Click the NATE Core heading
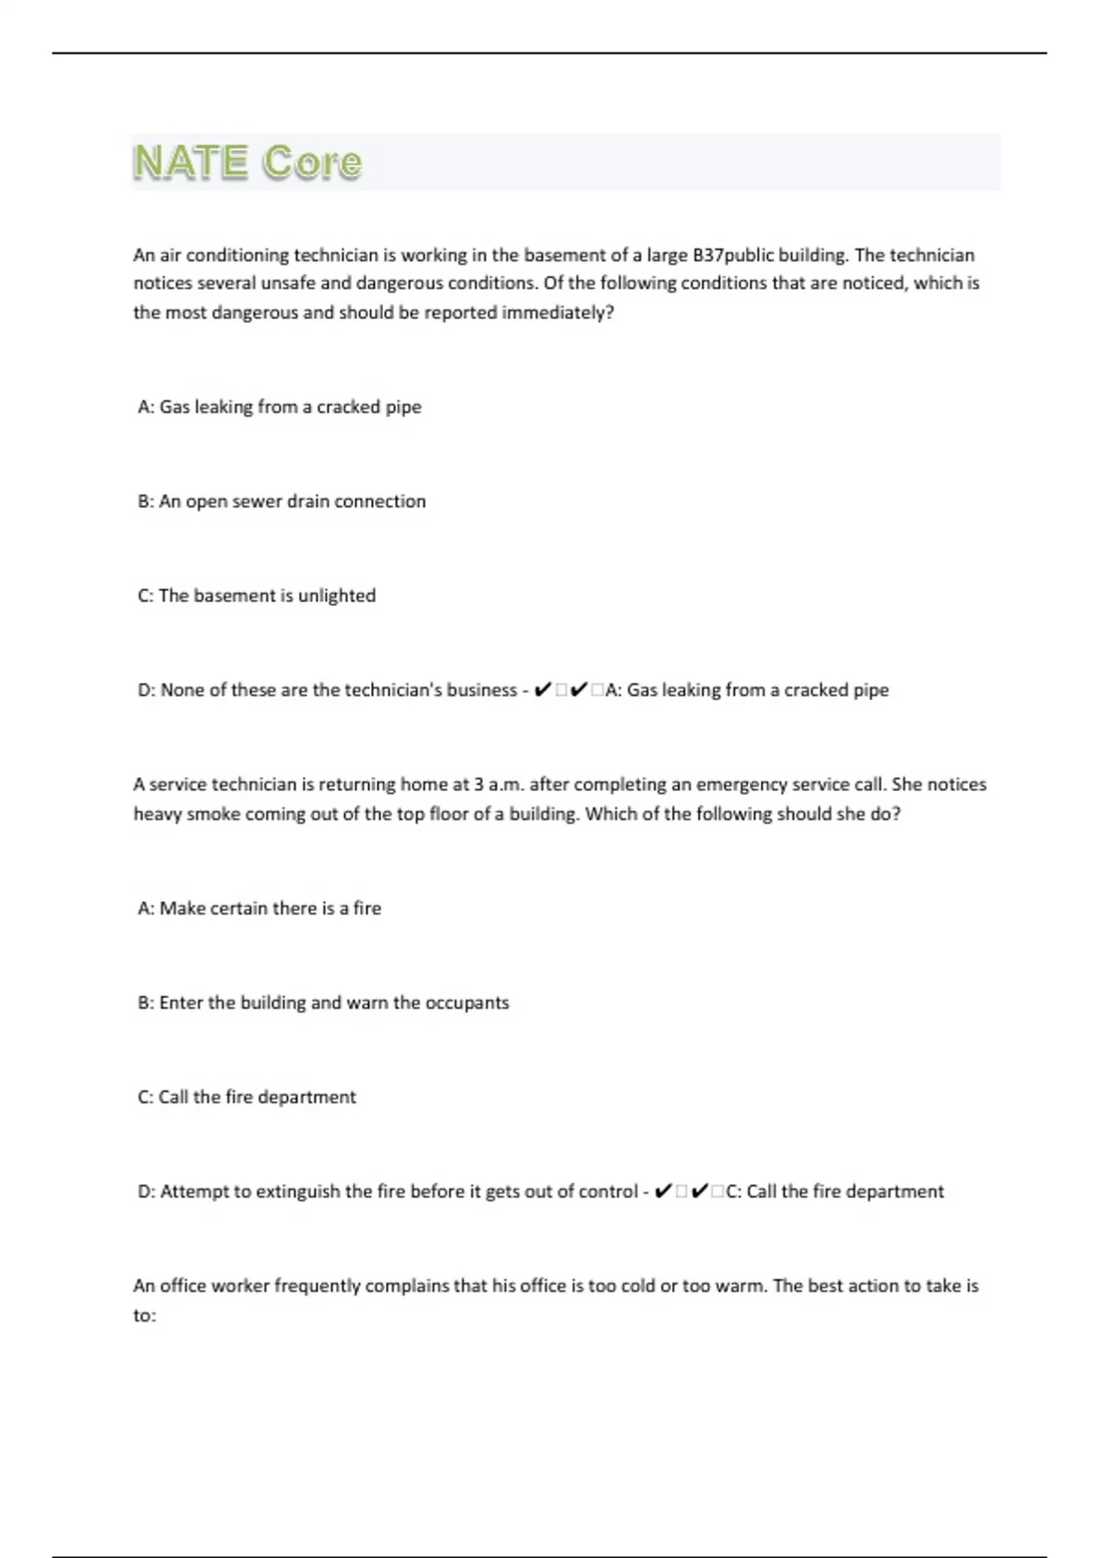(247, 162)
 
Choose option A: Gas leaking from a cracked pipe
(280, 407)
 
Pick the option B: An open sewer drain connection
(281, 501)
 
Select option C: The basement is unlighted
(257, 596)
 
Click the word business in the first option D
(481, 690)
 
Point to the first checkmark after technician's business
(541, 690)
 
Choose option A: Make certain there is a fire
(259, 908)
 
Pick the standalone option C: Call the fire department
(247, 1097)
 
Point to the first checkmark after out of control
(663, 1191)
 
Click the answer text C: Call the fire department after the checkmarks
(834, 1191)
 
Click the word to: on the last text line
(145, 1315)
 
